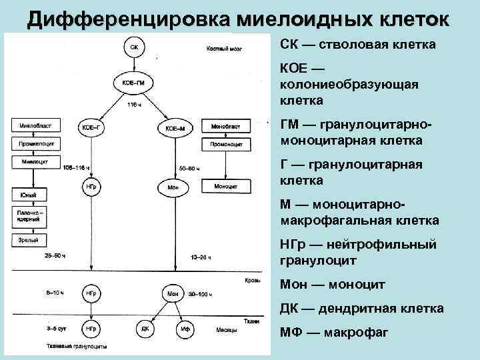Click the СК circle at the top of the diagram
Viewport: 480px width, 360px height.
(135, 48)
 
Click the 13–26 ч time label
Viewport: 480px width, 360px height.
(201, 256)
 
